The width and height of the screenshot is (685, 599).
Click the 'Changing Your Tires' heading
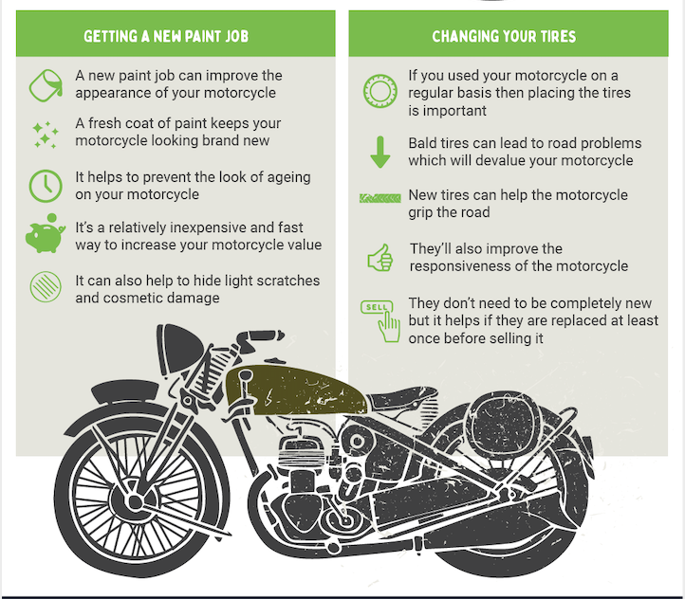[504, 37]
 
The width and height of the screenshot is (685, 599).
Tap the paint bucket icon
[45, 84]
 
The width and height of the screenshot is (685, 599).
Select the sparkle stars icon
[45, 135]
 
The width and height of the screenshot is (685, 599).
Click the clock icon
[45, 185]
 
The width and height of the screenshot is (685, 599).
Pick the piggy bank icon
[45, 236]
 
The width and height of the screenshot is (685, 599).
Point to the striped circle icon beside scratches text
[45, 287]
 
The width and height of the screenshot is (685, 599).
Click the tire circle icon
[380, 92]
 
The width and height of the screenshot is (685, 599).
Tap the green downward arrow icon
[380, 152]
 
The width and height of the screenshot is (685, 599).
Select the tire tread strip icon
[380, 198]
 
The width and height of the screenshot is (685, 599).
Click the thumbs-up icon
[380, 257]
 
